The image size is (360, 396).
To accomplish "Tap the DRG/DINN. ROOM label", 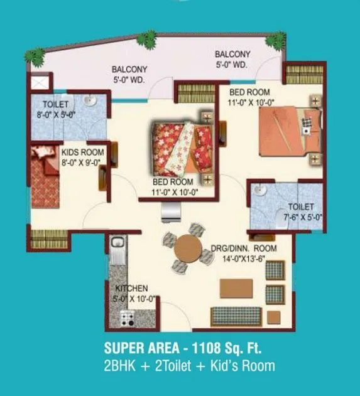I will pos(254,249).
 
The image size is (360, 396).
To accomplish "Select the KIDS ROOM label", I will pos(82,152).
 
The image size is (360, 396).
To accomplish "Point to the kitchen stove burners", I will pos(128,318).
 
